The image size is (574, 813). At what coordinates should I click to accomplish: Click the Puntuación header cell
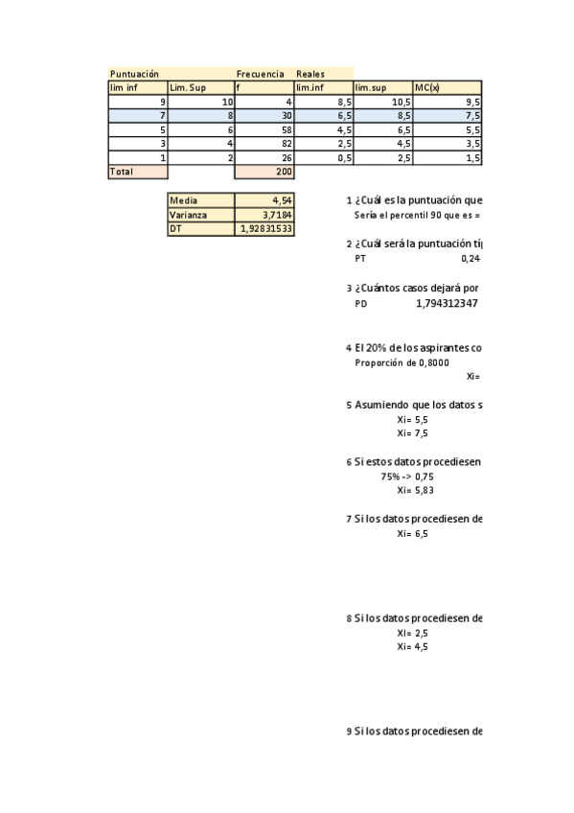click(x=134, y=74)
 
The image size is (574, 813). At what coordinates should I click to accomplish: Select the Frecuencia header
click(x=260, y=74)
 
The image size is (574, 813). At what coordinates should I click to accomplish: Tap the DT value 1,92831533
click(x=264, y=229)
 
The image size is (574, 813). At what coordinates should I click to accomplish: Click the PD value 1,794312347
click(x=446, y=303)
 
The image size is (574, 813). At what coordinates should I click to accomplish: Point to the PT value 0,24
click(x=470, y=258)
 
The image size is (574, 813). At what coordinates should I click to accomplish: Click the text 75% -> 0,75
click(x=407, y=476)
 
